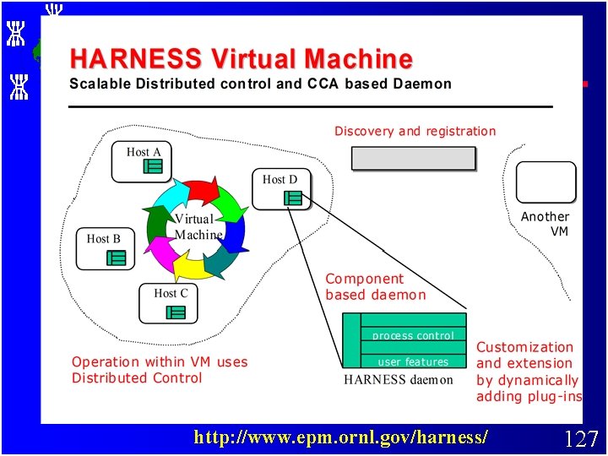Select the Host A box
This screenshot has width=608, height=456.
[x=141, y=160]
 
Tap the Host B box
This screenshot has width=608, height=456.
[x=106, y=247]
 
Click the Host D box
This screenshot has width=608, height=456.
[x=281, y=189]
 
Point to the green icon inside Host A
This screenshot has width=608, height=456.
[x=153, y=167]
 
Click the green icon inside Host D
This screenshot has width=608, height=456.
[x=292, y=198]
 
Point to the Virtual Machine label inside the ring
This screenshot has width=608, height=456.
[x=198, y=226]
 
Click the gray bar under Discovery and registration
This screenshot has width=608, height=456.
[x=413, y=158]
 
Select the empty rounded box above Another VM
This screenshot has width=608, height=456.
[x=546, y=182]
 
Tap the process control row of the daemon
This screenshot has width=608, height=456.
[x=413, y=335]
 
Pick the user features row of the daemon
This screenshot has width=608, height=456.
[x=413, y=361]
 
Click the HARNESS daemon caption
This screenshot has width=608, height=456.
[x=398, y=379]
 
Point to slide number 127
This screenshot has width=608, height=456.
[x=581, y=438]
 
